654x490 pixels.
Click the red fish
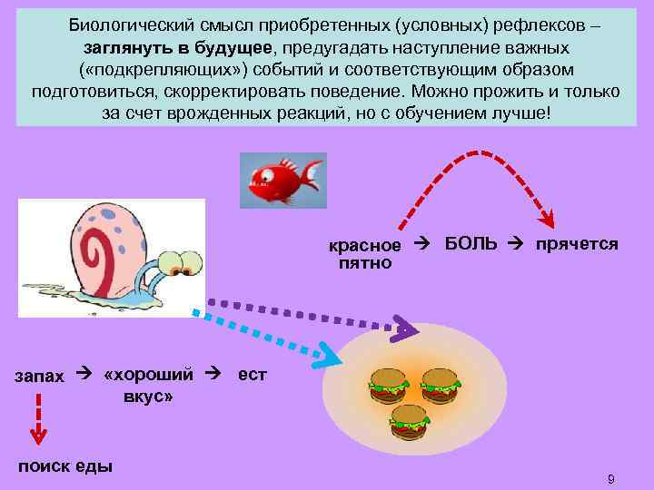click(x=281, y=179)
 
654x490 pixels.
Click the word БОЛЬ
click(x=471, y=245)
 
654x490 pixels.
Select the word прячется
click(x=577, y=245)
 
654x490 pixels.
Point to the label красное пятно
click(x=364, y=255)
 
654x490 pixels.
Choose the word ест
click(x=252, y=374)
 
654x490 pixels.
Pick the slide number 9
click(x=611, y=478)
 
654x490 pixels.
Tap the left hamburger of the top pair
click(x=387, y=385)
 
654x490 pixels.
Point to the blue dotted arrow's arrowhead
click(x=327, y=354)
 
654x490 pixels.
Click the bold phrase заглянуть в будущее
click(x=176, y=46)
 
